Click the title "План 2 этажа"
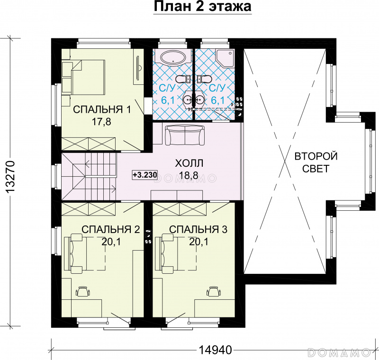click(203, 7)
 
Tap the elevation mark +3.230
click(145, 174)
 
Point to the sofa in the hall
click(185, 135)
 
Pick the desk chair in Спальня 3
click(214, 291)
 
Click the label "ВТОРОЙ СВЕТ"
click(316, 162)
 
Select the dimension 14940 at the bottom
click(216, 350)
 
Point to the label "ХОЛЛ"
click(189, 163)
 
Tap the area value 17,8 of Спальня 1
click(101, 122)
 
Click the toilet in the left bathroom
click(182, 79)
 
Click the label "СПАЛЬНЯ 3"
click(198, 229)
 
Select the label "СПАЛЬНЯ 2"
click(111, 229)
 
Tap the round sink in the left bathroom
click(187, 99)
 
